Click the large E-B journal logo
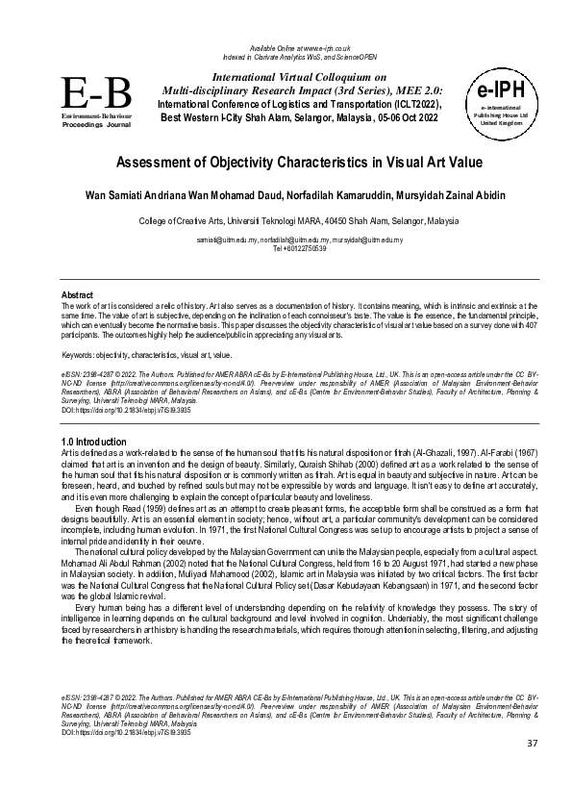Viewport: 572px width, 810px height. tap(96, 94)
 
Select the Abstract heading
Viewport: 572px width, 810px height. tap(77, 293)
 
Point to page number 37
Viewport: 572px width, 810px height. tap(533, 771)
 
